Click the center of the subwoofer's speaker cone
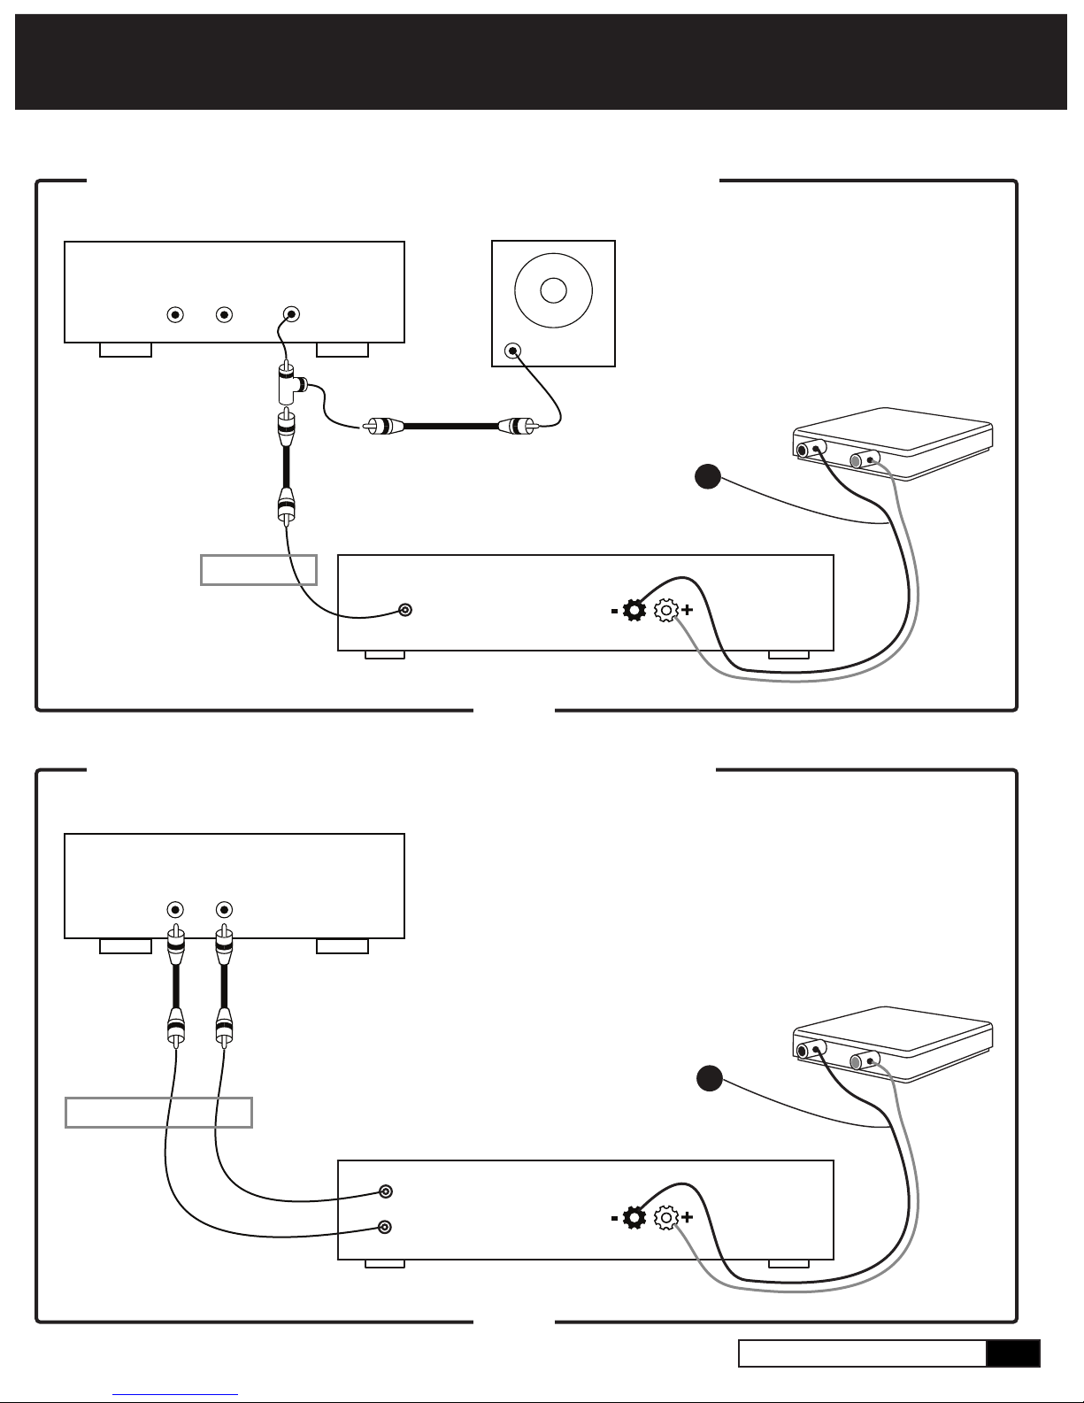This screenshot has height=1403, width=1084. pyautogui.click(x=553, y=290)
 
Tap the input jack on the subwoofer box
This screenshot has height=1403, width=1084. pyautogui.click(x=511, y=351)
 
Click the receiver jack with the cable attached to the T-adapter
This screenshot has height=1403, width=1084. pyautogui.click(x=291, y=314)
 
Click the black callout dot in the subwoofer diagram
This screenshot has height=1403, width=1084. pyautogui.click(x=707, y=477)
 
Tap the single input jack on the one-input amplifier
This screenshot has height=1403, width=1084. pyautogui.click(x=405, y=610)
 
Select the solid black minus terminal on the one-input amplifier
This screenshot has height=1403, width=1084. pyautogui.click(x=634, y=610)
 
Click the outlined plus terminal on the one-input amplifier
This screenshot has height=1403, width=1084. pyautogui.click(x=665, y=610)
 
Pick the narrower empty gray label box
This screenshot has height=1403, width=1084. pyautogui.click(x=258, y=570)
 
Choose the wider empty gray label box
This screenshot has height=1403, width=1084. pyautogui.click(x=159, y=1112)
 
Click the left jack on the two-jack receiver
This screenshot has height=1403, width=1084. pyautogui.click(x=175, y=909)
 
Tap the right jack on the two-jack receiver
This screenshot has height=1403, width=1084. pyautogui.click(x=224, y=909)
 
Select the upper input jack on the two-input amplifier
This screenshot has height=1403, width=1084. pyautogui.click(x=385, y=1191)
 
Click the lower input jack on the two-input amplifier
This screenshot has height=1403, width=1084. pyautogui.click(x=385, y=1227)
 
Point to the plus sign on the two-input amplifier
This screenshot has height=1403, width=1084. pyautogui.click(x=688, y=1218)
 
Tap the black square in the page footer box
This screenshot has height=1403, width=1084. pyautogui.click(x=1013, y=1353)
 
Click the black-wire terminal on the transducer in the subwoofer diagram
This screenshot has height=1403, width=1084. pyautogui.click(x=803, y=450)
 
